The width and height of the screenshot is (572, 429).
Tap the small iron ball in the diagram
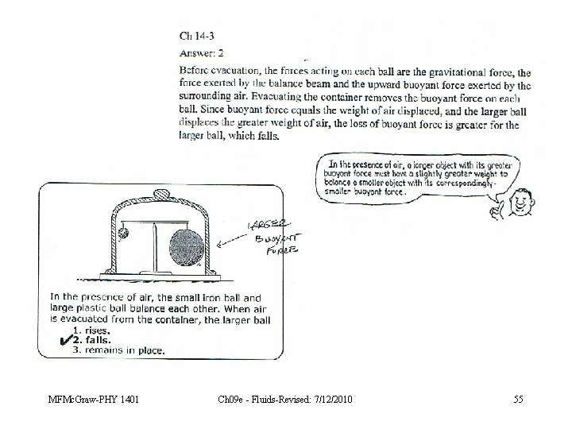124,233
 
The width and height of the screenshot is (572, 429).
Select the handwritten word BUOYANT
281,237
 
